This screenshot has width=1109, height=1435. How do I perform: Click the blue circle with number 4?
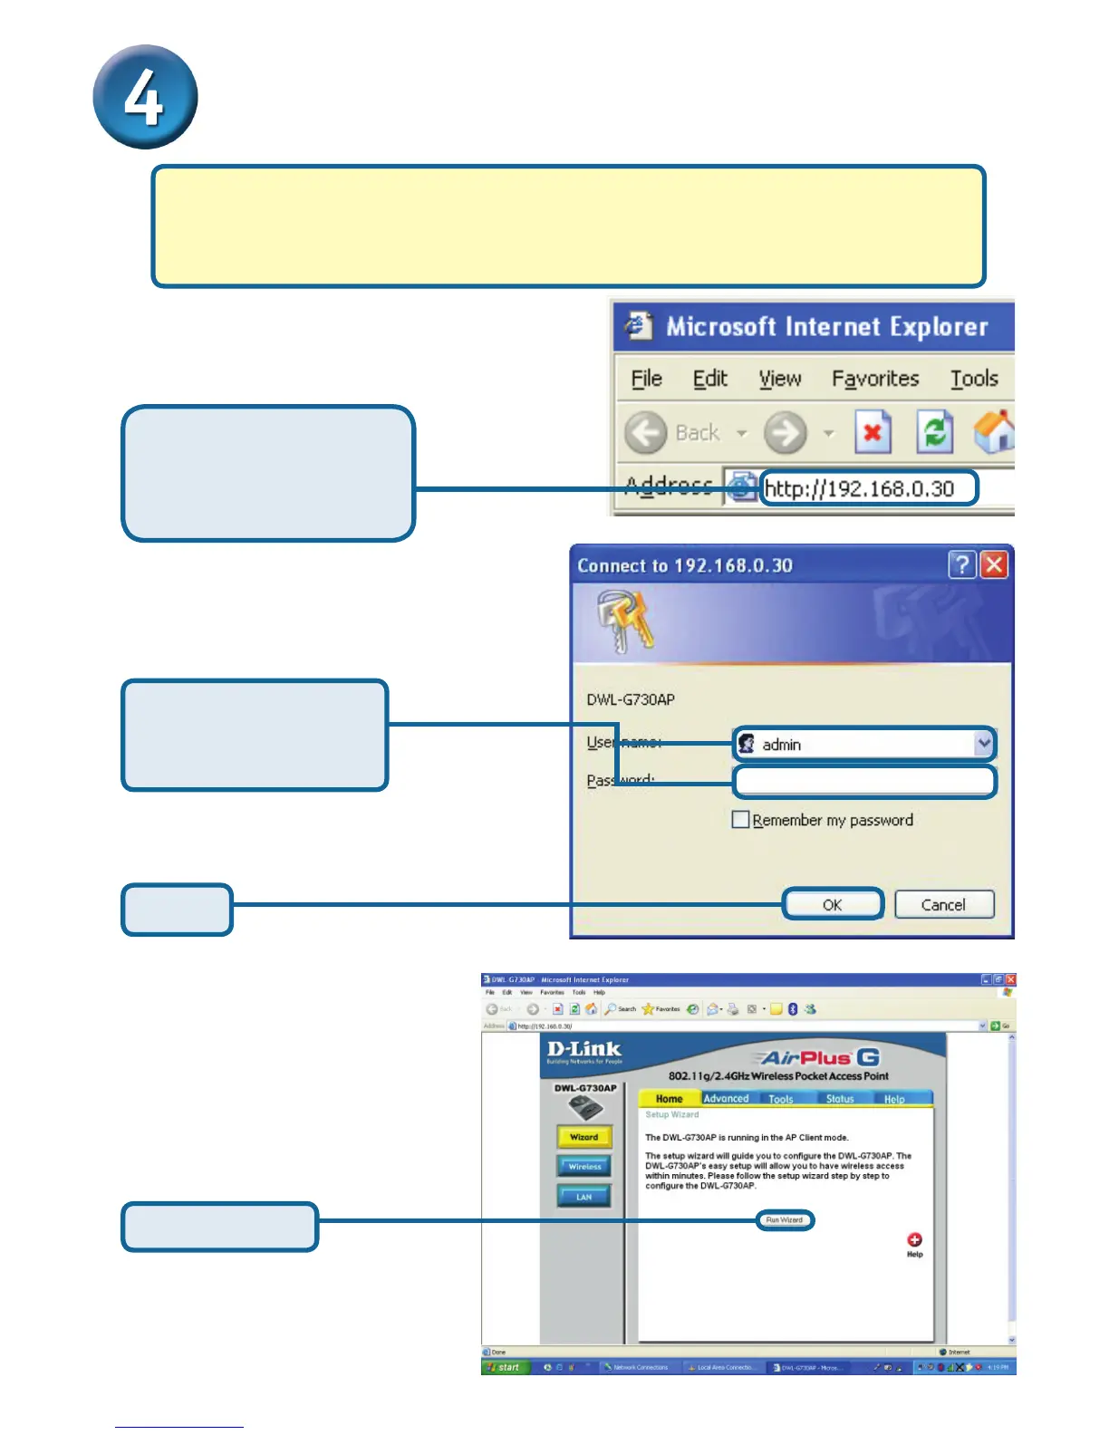[x=145, y=97]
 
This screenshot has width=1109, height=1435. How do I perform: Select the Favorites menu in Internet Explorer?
[x=875, y=379]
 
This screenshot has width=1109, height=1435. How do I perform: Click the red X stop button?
[x=873, y=432]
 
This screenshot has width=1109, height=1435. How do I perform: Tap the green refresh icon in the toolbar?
[x=934, y=432]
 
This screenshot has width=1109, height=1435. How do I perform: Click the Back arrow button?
[x=646, y=433]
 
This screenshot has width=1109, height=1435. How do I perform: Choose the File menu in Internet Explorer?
[x=646, y=379]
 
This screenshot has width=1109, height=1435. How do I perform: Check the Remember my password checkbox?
[x=740, y=820]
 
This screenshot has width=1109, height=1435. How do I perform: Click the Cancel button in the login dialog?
[x=943, y=904]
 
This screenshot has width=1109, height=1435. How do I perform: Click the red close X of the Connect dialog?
[x=994, y=565]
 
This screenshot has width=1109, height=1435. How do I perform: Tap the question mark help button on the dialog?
[x=961, y=565]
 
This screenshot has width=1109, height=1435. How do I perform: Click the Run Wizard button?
[x=785, y=1220]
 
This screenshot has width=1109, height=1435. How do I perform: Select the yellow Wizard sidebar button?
[x=584, y=1137]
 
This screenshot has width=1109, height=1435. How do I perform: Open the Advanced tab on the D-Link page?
[x=727, y=1099]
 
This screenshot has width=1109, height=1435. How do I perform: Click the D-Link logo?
[x=584, y=1051]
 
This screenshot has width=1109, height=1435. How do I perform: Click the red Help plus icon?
[x=914, y=1239]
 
